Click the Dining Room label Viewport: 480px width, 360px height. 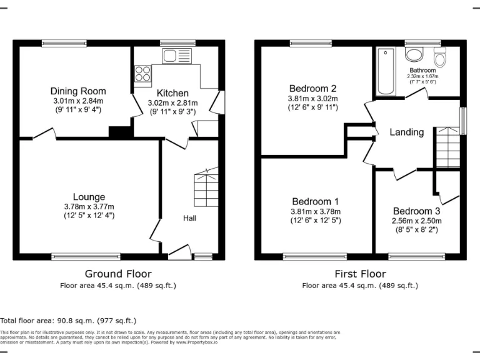[x=78, y=91]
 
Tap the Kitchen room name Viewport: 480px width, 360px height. [x=172, y=93]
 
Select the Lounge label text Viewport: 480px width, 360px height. [x=89, y=197]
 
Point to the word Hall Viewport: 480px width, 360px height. [x=189, y=218]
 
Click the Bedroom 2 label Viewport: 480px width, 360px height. [x=312, y=88]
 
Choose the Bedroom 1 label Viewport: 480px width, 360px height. [x=315, y=201]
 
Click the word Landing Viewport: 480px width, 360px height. [x=406, y=132]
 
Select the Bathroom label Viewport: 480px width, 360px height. [x=422, y=70]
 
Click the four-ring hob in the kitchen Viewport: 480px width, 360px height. [x=142, y=74]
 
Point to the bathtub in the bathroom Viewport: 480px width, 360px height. [x=384, y=71]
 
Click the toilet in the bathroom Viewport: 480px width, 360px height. [x=440, y=57]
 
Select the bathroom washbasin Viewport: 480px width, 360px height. [x=415, y=52]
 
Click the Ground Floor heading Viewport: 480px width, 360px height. [x=118, y=274]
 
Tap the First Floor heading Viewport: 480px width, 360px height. [x=360, y=274]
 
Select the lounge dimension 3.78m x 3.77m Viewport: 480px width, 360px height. [x=89, y=207]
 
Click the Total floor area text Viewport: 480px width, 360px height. [x=68, y=320]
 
